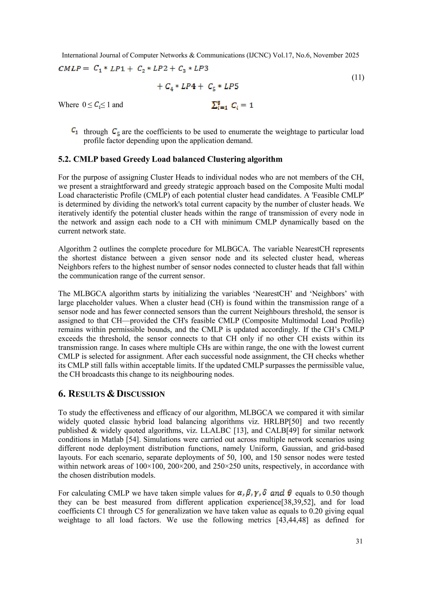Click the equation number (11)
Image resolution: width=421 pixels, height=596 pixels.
pos(358,77)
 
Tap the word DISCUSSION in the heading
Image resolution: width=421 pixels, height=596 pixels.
pos(141,394)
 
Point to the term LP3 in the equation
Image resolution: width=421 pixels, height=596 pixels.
pos(201,68)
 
